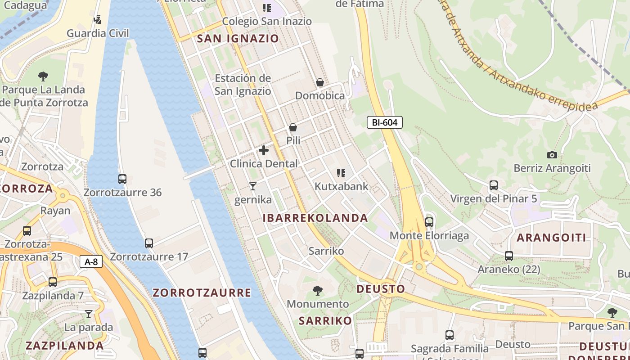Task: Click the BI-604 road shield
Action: [x=384, y=122]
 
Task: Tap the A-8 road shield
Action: [x=91, y=261]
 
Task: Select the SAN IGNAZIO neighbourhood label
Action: [x=238, y=39]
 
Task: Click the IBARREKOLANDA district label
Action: [x=315, y=218]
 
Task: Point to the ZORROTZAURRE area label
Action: [x=202, y=293]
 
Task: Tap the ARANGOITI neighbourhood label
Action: [x=551, y=238]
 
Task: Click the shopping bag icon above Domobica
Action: [x=320, y=82]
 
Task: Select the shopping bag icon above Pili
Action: [x=293, y=127]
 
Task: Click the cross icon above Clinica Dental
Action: [x=264, y=150]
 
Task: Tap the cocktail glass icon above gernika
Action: [x=253, y=186]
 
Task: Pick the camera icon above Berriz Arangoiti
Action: [x=552, y=155]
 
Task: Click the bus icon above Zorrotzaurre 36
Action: [x=122, y=179]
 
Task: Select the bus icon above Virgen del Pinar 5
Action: [x=494, y=185]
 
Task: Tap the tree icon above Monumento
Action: [x=318, y=290]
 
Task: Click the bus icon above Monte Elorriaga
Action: [x=429, y=222]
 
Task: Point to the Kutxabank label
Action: [x=341, y=186]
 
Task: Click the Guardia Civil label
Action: [x=98, y=33]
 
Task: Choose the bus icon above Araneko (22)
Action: [x=509, y=256]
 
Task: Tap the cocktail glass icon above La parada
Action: [x=89, y=314]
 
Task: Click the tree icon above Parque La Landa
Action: [x=43, y=76]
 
